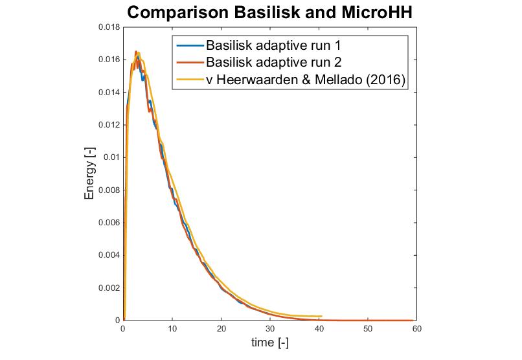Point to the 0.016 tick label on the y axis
click(108, 60)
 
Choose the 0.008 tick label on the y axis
click(108, 190)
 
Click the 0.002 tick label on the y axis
click(108, 287)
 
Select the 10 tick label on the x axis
click(172, 328)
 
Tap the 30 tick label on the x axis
click(270, 328)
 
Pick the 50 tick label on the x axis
click(368, 328)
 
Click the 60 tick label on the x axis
click(416, 328)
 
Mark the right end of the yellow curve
click(321, 317)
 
